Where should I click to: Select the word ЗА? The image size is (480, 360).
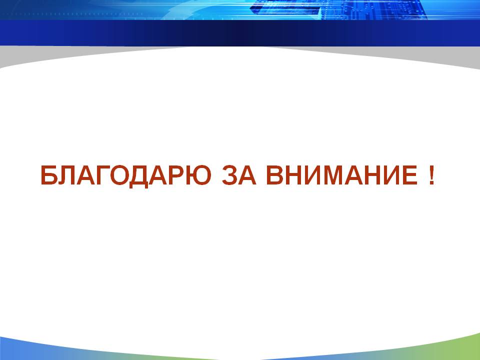point(239,175)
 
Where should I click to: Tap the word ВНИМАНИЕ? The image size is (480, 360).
point(342,175)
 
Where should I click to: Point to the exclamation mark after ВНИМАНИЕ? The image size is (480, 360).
point(431,175)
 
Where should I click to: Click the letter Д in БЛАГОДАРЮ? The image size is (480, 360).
point(139,176)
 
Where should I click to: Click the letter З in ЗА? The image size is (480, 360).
point(230,175)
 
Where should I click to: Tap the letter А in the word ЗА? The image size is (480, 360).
point(247,175)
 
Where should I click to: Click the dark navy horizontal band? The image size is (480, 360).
point(240,33)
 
